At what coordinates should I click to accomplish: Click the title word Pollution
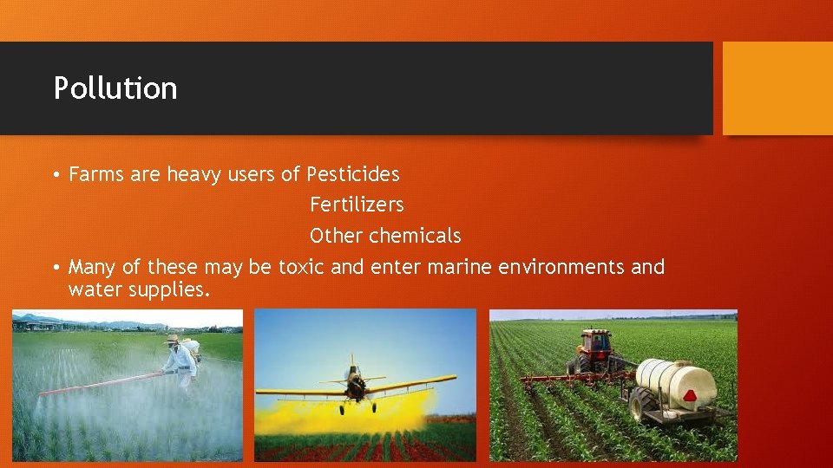coord(115,88)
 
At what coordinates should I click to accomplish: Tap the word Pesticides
coord(353,174)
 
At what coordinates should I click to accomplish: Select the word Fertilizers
coord(357,205)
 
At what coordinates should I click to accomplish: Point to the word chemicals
coord(415,236)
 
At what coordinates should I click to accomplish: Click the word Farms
coord(95,174)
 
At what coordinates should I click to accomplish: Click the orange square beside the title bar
coord(777,88)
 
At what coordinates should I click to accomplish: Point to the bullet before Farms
coord(55,175)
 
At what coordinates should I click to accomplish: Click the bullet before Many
coord(55,268)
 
